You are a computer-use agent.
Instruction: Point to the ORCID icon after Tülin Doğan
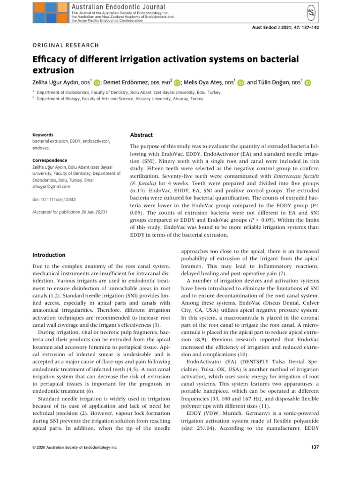tap(308, 83)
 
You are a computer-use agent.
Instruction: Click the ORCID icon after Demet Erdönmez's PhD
tap(177, 83)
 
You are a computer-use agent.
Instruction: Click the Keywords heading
tap(43, 135)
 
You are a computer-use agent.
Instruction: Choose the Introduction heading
tap(49, 255)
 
